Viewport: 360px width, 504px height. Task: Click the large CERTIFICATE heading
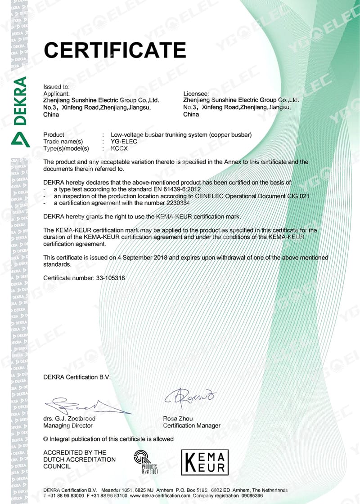[114, 49]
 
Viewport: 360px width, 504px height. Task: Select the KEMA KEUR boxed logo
[205, 462]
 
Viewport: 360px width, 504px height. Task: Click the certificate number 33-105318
[110, 278]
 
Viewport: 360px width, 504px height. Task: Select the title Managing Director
[67, 425]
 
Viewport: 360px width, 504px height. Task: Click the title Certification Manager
[192, 425]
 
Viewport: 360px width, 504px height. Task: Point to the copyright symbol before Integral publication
[45, 439]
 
